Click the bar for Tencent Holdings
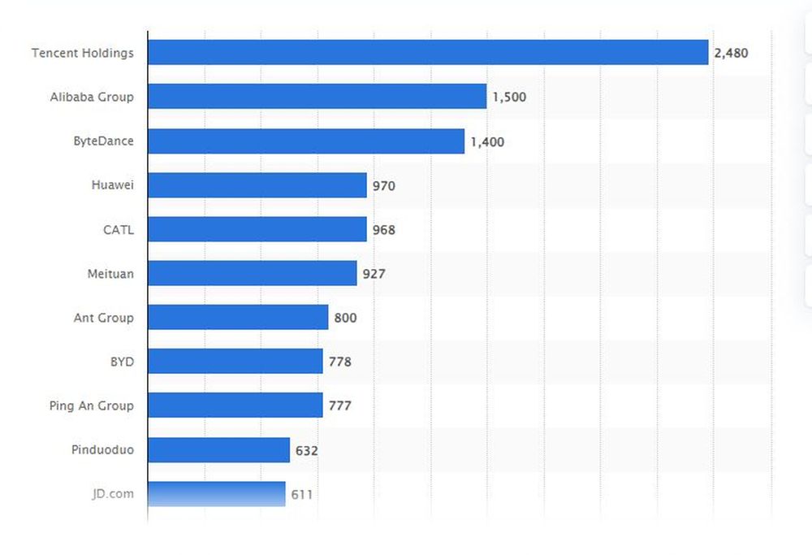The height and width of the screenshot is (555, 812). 428,53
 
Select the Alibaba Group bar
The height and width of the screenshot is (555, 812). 317,97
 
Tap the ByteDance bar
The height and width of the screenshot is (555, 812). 306,141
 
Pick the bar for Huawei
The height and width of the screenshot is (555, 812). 257,185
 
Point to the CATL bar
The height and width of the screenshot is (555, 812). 257,229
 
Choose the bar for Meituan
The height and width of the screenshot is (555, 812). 253,273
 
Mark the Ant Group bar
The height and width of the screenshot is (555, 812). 238,317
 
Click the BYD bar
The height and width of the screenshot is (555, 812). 235,361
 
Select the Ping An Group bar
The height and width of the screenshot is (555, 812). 235,405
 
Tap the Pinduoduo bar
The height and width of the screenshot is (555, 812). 218,449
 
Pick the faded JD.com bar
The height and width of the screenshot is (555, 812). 217,493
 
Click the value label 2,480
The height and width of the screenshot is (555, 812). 731,54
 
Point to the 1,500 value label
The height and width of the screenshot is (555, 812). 509,98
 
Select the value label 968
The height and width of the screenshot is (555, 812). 384,230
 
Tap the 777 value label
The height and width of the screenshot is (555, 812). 340,405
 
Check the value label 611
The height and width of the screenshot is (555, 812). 302,494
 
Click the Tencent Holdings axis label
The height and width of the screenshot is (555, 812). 83,53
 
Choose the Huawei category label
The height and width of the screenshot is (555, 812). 113,185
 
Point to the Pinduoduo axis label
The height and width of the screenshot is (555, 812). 102,449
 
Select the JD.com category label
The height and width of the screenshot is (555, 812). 113,493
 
